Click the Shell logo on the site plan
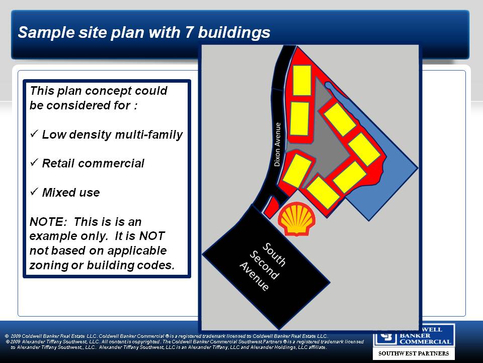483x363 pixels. [x=297, y=219]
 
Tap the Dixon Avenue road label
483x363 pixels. [x=278, y=145]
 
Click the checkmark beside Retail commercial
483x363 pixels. [x=34, y=162]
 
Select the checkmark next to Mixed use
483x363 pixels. [x=34, y=192]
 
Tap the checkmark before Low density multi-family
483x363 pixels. [x=34, y=133]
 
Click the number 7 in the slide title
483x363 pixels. [x=189, y=32]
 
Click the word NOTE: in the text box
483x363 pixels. [x=48, y=222]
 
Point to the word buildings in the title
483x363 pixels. [x=234, y=33]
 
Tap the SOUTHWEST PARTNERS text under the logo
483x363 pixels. [x=414, y=353]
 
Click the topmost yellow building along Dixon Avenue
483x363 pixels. [x=301, y=80]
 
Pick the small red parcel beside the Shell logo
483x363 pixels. [x=271, y=207]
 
